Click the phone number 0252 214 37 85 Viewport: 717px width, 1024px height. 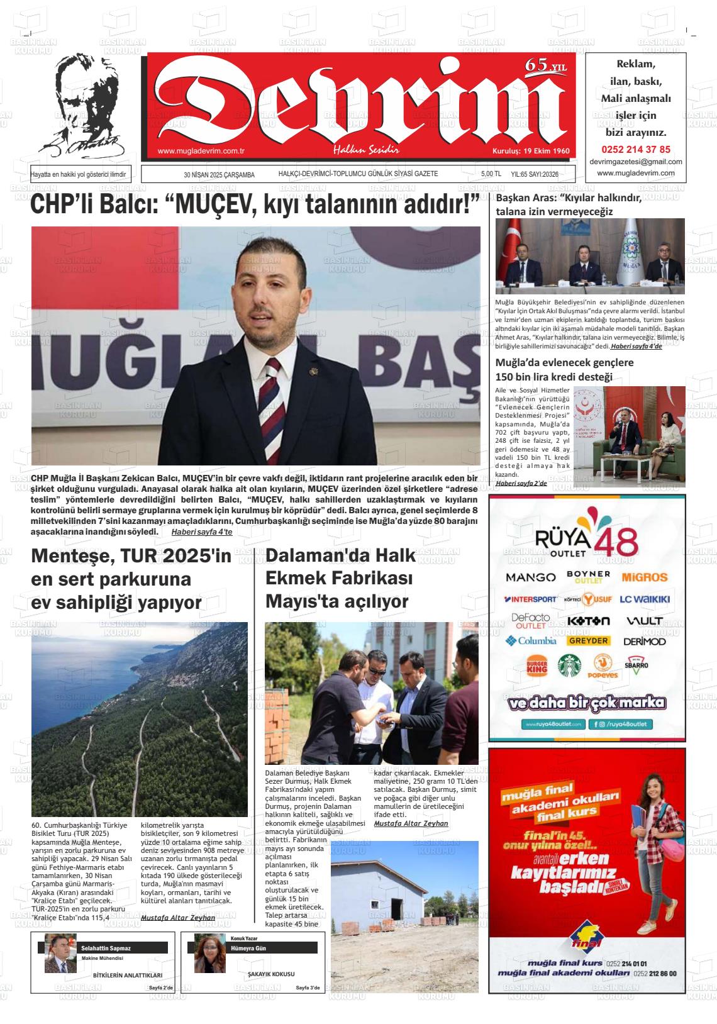tap(635, 150)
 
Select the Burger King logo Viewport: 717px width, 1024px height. tap(536, 666)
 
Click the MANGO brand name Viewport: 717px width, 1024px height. tap(530, 577)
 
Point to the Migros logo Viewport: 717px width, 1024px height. tap(644, 577)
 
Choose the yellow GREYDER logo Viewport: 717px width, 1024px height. tap(588, 640)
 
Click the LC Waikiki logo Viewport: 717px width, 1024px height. tap(644, 599)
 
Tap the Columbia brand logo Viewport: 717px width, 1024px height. tap(530, 641)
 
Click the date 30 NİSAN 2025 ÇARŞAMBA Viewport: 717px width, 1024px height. tap(219, 175)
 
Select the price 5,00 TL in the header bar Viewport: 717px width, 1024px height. tap(491, 174)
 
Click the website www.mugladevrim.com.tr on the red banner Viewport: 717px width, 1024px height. tap(200, 151)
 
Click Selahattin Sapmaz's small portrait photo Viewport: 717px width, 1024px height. tap(60, 953)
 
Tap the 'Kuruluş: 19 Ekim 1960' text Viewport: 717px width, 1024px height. tap(530, 151)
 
